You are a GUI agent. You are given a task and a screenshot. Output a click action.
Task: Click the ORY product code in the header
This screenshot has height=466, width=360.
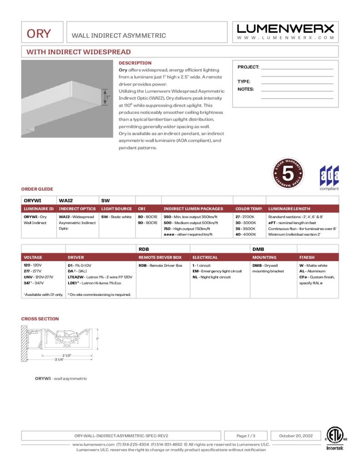click(39, 34)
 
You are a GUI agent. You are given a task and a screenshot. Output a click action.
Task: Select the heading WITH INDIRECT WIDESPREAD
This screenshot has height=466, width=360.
click(78, 52)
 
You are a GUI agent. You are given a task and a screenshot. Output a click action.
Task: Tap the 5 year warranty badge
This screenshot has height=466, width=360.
click(288, 173)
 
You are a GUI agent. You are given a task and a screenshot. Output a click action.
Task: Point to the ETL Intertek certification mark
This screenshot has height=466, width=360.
click(336, 438)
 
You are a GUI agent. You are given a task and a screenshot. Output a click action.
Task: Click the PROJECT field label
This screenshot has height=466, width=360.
click(248, 67)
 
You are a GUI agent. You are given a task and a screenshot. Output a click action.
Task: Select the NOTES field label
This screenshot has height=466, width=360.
click(246, 89)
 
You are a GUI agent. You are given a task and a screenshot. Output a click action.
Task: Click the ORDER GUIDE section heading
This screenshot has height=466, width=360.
click(37, 189)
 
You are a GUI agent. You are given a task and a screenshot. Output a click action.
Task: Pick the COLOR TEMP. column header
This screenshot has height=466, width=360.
click(249, 209)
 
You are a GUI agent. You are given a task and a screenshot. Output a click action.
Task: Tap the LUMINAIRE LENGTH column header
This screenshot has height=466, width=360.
click(289, 209)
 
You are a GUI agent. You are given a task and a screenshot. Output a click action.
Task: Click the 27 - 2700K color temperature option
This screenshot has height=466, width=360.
click(244, 217)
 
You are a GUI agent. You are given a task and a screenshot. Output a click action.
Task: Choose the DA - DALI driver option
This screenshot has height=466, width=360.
click(77, 271)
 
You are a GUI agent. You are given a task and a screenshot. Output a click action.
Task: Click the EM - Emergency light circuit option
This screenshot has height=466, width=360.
click(217, 271)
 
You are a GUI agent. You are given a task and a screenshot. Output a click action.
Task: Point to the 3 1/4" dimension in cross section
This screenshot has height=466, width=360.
click(60, 360)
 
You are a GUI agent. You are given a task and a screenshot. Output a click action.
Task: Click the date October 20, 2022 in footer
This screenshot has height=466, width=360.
click(294, 436)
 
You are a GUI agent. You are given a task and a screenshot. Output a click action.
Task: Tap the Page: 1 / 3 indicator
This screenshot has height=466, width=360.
click(246, 436)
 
